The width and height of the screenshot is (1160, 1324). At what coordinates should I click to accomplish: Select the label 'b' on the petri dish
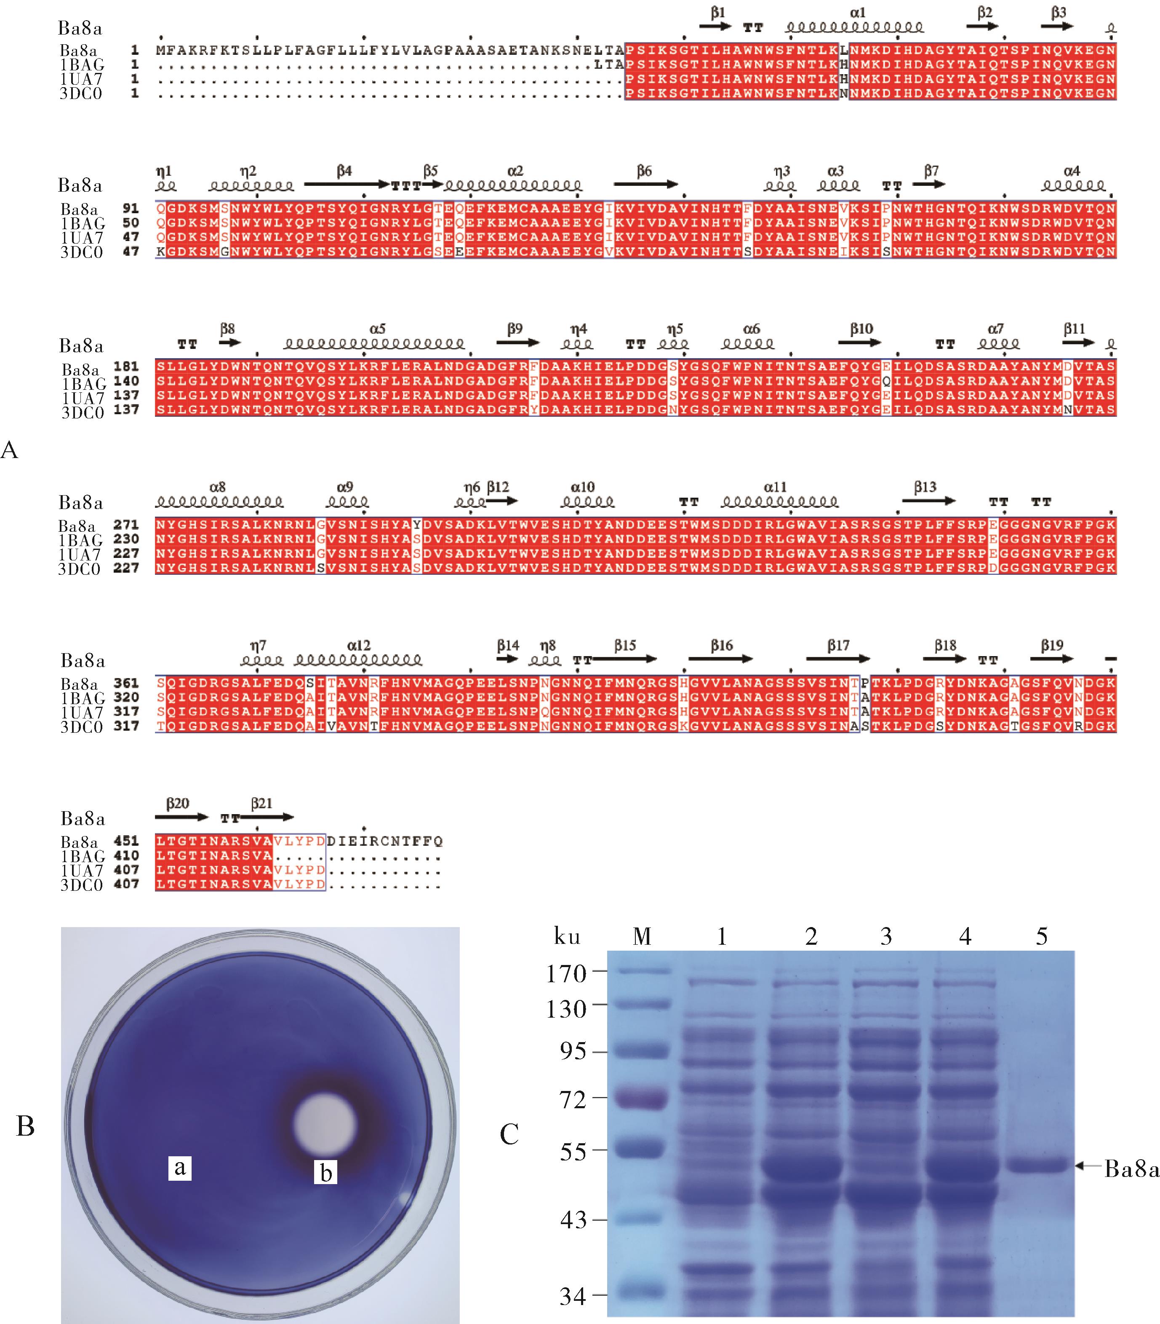pos(325,1172)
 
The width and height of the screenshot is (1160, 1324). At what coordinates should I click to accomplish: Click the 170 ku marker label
pos(566,973)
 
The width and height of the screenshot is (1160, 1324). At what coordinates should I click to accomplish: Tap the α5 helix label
pos(377,329)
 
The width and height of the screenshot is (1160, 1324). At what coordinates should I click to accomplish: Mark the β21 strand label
pos(261,804)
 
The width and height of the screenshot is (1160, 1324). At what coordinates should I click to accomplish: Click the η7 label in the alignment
pos(258,646)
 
